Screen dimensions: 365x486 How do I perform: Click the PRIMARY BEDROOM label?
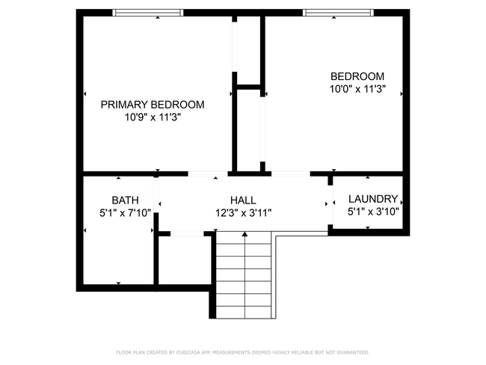pos(153,105)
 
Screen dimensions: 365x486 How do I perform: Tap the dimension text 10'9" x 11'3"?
pos(153,117)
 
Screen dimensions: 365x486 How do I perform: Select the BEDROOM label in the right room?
pos(357,76)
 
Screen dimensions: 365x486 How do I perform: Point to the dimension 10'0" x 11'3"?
pos(357,89)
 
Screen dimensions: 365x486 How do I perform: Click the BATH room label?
pos(125,200)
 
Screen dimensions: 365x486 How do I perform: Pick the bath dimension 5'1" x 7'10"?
pos(125,212)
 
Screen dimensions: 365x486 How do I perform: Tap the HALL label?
pos(243,200)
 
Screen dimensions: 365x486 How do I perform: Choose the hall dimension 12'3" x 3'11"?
pos(243,212)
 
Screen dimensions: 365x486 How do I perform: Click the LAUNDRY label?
pos(372,199)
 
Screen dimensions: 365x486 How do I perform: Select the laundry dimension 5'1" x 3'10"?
pos(372,212)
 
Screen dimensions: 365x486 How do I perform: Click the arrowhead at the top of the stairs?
pos(244,235)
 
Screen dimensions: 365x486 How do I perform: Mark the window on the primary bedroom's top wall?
pos(147,13)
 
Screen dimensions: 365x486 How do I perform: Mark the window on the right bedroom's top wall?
pos(339,13)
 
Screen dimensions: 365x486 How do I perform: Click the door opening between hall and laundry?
pos(330,203)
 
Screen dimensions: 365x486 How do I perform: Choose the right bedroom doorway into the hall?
pos(290,174)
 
